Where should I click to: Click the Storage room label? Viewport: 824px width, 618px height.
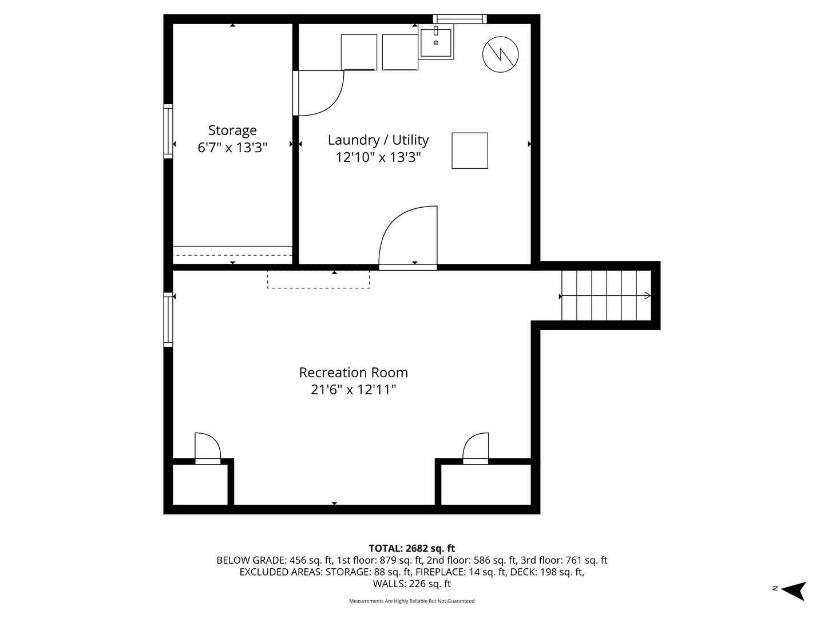tap(232, 130)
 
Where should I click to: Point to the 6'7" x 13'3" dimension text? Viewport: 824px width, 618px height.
tap(232, 148)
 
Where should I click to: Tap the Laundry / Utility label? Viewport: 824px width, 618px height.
tap(378, 140)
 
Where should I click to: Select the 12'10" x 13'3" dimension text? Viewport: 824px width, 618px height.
tap(378, 157)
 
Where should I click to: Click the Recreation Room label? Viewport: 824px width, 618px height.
tap(354, 373)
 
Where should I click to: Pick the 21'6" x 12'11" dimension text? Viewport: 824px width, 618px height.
tap(354, 390)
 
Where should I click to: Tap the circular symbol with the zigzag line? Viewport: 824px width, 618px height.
tap(501, 55)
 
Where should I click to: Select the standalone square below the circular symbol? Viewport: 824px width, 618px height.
tap(470, 150)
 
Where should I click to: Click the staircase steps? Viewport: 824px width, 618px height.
tap(606, 296)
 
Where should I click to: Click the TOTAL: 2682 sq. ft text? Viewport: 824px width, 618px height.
tap(411, 548)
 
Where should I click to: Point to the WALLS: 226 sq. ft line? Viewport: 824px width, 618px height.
tap(411, 584)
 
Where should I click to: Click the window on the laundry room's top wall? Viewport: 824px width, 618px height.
tap(459, 19)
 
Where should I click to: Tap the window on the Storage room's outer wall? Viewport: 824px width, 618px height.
tap(168, 131)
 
